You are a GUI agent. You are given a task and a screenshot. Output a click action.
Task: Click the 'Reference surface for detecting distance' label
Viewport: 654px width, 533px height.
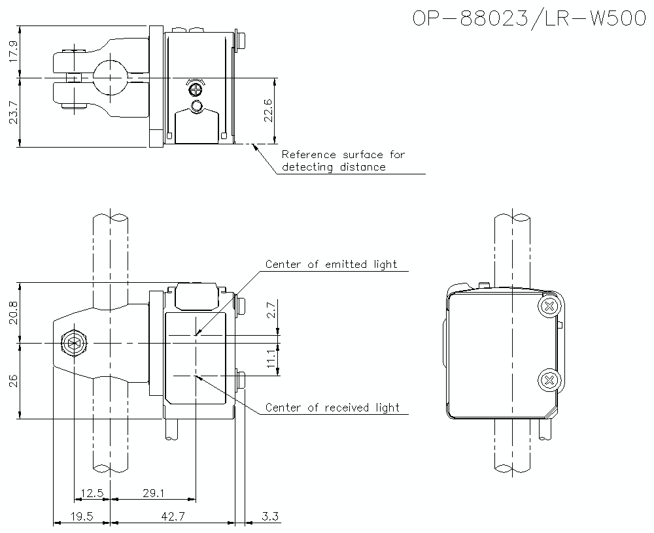coord(343,161)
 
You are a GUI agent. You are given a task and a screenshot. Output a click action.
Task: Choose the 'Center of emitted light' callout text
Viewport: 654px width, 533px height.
coord(331,264)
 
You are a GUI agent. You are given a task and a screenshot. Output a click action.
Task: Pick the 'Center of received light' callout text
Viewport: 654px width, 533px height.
coord(332,408)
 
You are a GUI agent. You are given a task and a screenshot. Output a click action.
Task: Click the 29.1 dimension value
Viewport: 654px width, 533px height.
coord(153,494)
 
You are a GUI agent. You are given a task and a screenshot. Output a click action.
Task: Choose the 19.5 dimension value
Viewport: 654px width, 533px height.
coord(82,517)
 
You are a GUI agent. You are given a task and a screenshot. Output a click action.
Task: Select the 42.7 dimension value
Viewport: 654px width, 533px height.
coord(172,517)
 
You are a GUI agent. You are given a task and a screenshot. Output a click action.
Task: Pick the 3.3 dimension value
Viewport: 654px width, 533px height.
coord(269,517)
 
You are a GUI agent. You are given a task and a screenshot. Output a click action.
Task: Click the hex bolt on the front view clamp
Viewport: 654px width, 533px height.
coord(73,342)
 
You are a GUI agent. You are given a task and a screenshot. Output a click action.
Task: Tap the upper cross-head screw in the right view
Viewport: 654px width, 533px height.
coord(549,306)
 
